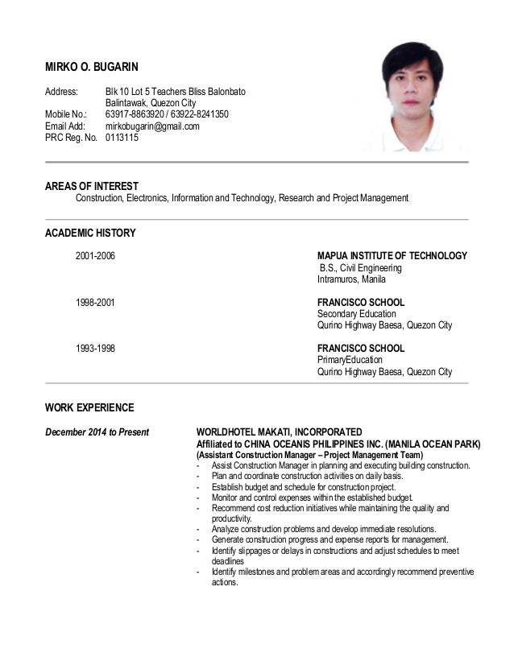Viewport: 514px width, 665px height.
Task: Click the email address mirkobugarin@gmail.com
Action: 152,126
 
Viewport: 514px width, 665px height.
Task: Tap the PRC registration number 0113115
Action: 122,138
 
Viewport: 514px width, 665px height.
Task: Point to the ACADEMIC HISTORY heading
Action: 90,233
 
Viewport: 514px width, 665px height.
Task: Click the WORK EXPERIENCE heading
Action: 89,407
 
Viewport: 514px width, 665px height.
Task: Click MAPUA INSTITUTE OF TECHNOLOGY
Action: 392,256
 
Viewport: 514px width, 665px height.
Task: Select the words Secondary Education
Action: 356,314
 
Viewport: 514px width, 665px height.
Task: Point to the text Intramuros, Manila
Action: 351,279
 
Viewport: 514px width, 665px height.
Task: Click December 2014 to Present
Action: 97,432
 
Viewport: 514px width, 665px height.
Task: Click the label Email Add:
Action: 65,126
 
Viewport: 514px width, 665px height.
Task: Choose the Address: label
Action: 61,92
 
